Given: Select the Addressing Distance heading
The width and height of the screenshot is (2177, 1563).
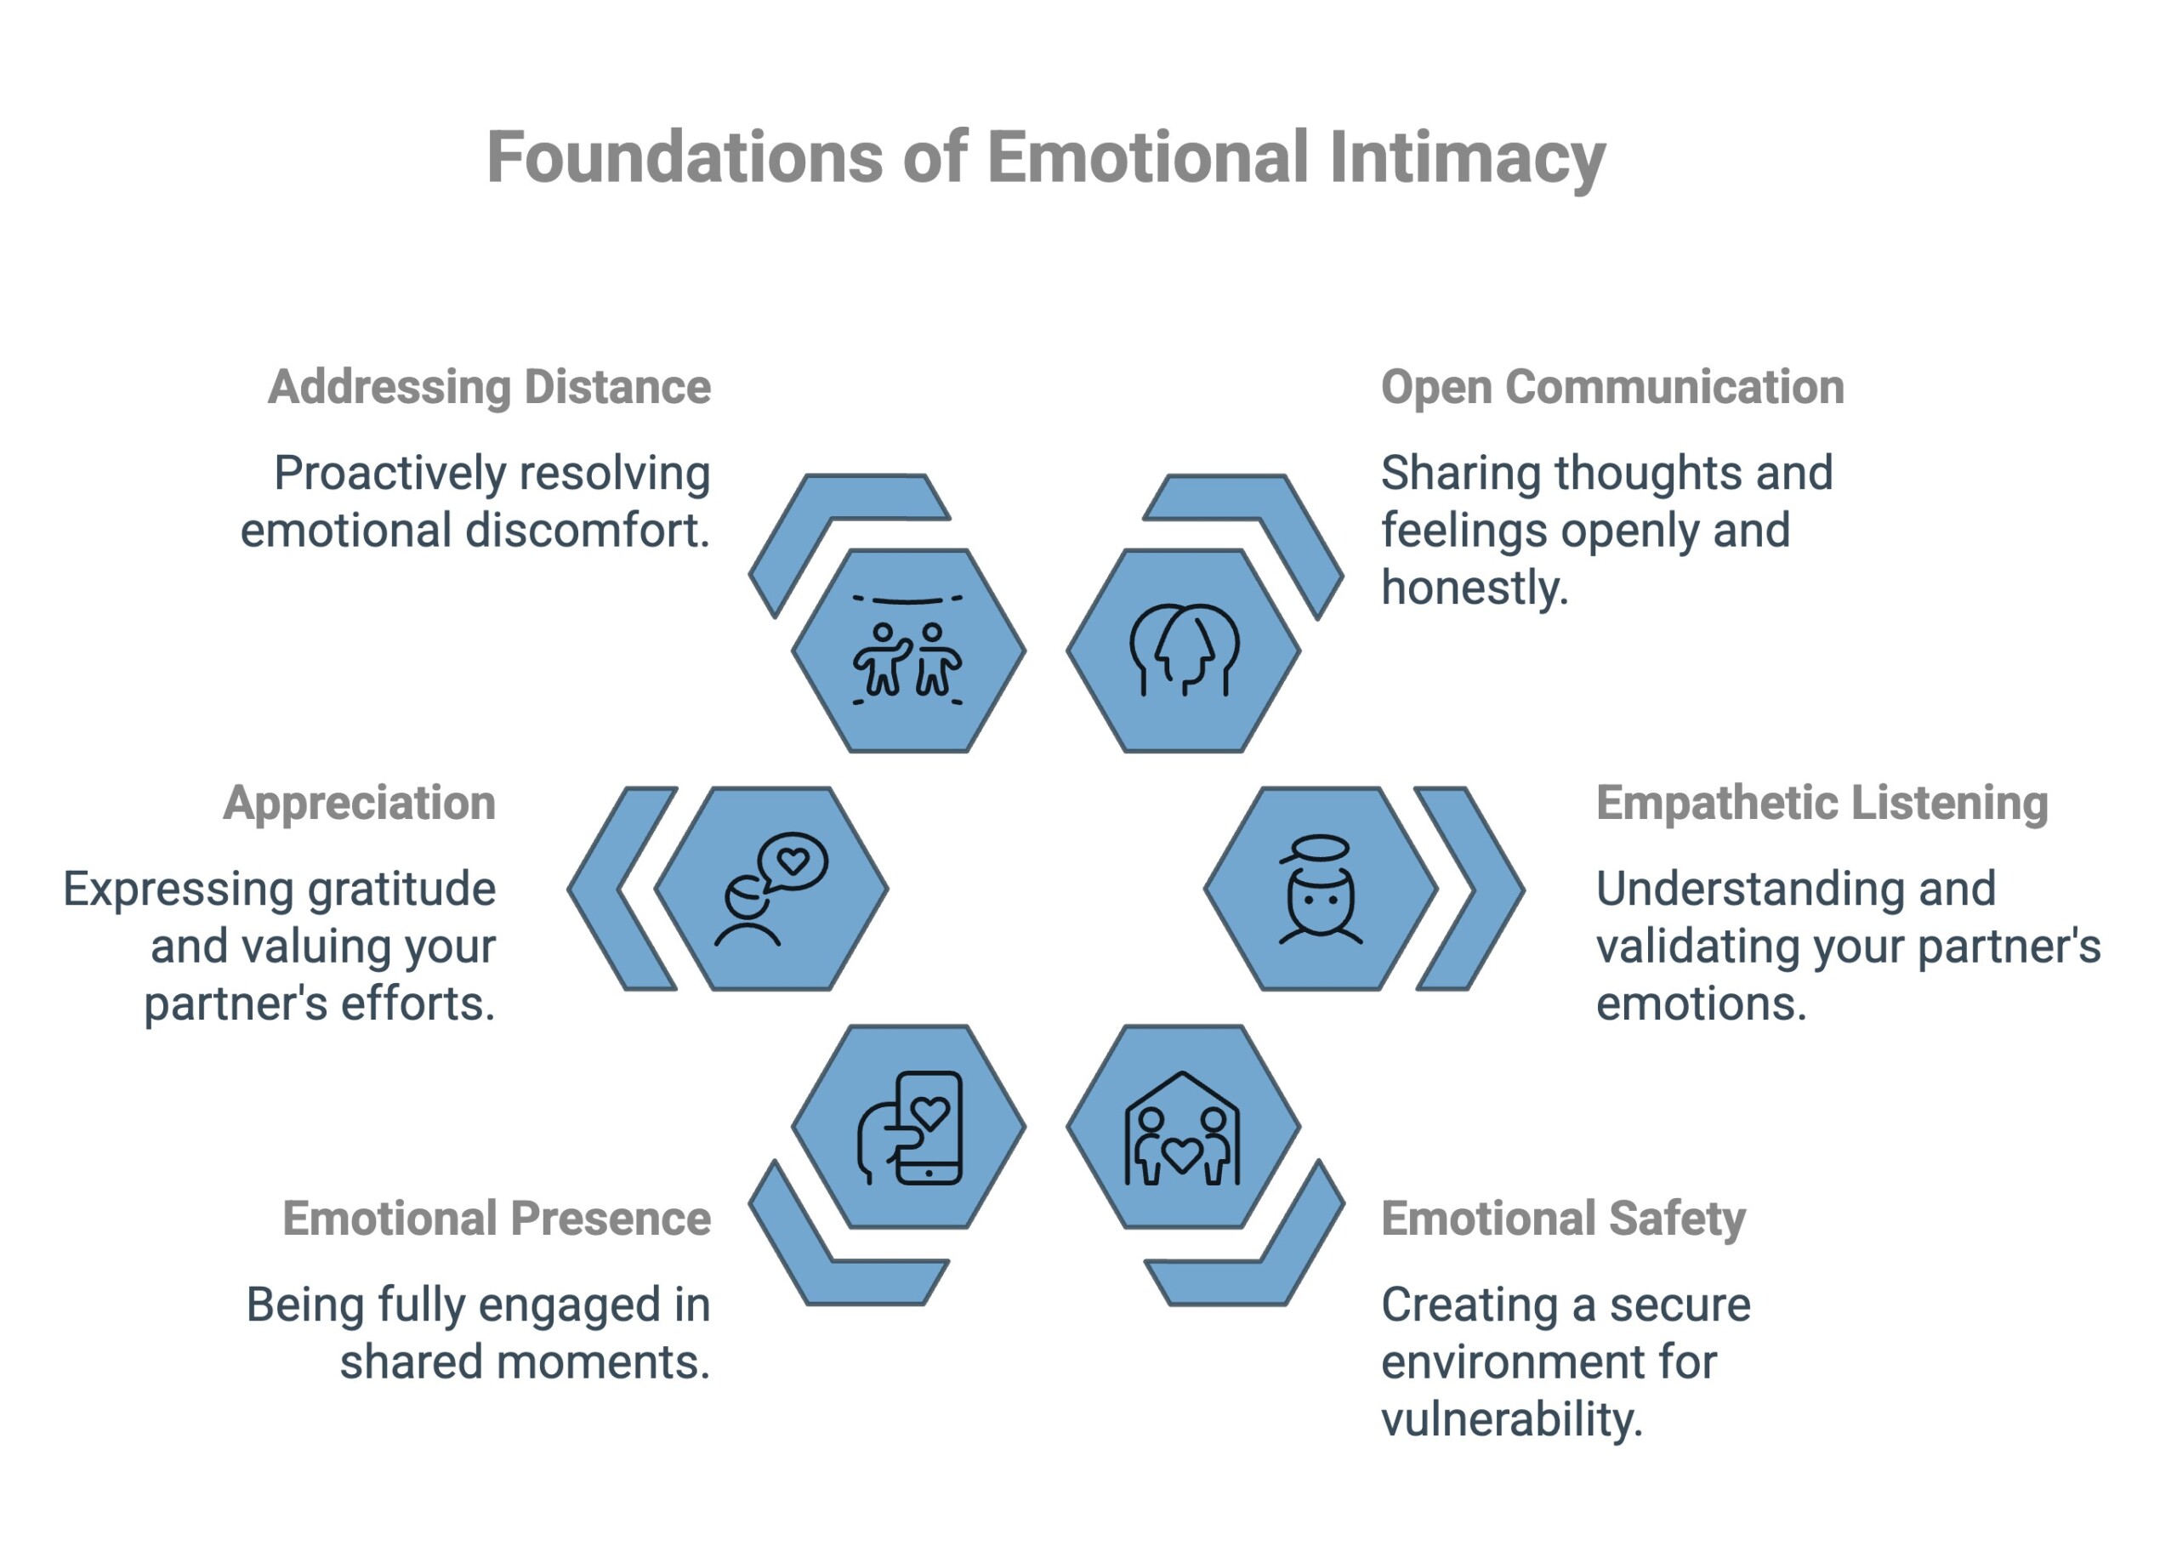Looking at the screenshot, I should [x=489, y=387].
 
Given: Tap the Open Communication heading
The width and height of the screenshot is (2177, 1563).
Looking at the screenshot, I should [x=1611, y=387].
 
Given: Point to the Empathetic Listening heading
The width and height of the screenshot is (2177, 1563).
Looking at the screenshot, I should [x=1821, y=803].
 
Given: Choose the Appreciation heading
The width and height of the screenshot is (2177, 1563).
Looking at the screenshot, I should [x=359, y=803].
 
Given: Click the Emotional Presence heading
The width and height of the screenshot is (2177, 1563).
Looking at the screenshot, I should [x=497, y=1219].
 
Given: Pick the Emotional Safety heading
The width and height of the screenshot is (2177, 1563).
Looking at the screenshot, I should [x=1563, y=1219].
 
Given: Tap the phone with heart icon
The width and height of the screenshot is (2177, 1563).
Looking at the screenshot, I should [x=910, y=1128].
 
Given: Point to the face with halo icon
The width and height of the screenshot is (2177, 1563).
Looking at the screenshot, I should [x=1320, y=888].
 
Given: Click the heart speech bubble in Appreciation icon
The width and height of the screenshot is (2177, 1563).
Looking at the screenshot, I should [x=793, y=861].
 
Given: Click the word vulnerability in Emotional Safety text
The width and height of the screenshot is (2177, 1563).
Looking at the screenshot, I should [x=1512, y=1419].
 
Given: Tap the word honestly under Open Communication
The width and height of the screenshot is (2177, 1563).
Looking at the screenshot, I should [x=1475, y=588].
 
